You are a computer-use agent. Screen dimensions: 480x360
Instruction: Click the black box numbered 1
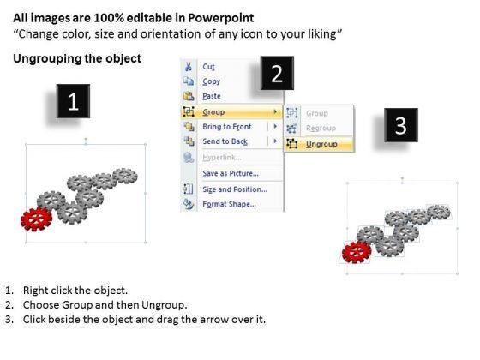point(73,101)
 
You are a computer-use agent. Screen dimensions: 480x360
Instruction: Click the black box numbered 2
point(277,73)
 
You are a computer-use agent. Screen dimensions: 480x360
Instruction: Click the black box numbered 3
point(401,125)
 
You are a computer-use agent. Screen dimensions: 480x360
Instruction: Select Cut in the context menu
point(208,67)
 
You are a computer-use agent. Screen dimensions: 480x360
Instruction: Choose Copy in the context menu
point(211,81)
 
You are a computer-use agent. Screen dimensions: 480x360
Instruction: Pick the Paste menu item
point(212,96)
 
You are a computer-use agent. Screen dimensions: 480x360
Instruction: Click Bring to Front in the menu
point(227,127)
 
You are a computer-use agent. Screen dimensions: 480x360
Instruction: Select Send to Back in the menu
point(225,141)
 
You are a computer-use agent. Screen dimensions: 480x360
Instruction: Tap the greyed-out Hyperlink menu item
point(222,158)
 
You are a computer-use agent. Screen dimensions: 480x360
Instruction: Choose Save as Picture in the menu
point(231,173)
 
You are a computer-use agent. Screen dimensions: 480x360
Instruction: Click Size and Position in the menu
point(235,189)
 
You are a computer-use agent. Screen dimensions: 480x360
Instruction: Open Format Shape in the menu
point(230,204)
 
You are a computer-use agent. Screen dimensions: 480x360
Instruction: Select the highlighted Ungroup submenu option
point(321,144)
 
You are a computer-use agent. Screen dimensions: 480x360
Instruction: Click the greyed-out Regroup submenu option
point(321,129)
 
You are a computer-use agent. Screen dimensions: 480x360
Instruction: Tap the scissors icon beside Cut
point(189,67)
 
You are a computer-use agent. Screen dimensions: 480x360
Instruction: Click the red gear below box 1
point(36,219)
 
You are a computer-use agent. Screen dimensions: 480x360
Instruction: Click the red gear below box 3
point(357,252)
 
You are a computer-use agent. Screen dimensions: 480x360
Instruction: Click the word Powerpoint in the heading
point(221,18)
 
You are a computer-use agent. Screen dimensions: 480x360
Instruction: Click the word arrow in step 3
point(216,320)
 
